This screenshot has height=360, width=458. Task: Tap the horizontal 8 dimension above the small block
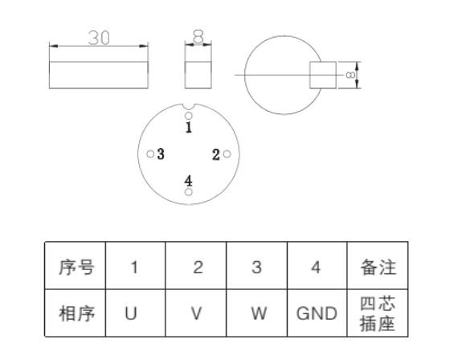coord(198,36)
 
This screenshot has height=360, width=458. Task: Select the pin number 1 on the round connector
coord(189,126)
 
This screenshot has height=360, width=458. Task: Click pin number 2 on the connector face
coord(215,154)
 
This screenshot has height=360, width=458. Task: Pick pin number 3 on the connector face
coord(162,154)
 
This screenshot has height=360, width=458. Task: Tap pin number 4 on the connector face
coord(189,180)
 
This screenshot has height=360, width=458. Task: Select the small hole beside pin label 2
coord(227,155)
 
